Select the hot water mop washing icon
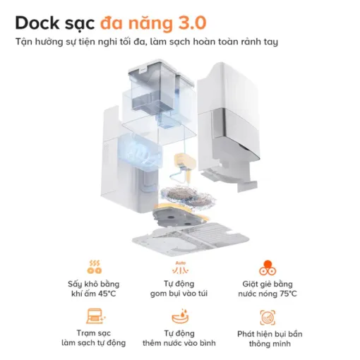click(x=268, y=268)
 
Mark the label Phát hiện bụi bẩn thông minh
click(x=268, y=337)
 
